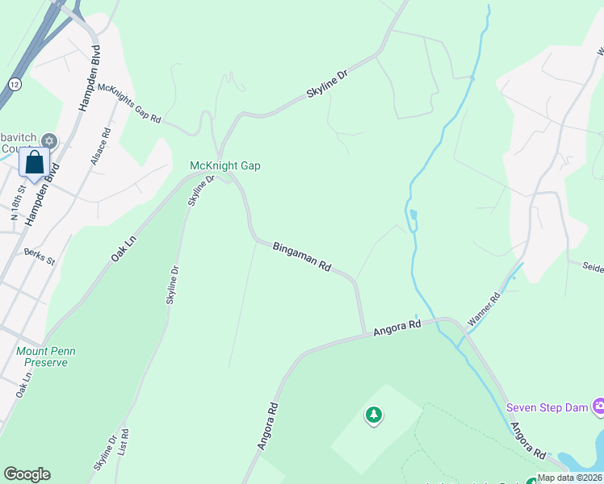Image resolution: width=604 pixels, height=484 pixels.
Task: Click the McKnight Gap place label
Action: [x=224, y=166]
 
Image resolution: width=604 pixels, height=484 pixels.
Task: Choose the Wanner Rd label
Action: [x=484, y=309]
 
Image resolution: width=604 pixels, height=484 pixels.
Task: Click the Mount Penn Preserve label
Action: [x=44, y=357]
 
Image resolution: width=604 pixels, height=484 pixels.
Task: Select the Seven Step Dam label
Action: [x=547, y=407]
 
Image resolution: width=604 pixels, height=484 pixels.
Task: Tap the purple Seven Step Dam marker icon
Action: [x=598, y=405]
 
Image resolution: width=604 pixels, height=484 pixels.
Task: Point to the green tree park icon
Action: [x=373, y=415]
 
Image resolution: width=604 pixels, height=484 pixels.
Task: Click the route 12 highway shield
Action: [x=15, y=84]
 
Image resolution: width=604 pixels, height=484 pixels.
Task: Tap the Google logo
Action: [x=27, y=474]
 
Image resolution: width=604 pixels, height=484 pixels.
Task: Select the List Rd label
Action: [x=124, y=441]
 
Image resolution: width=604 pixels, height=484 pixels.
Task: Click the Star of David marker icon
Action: [x=49, y=141]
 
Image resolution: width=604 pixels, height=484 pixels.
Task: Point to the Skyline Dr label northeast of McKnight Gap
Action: [x=327, y=84]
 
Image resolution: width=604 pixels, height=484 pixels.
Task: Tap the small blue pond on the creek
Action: [x=413, y=215]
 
